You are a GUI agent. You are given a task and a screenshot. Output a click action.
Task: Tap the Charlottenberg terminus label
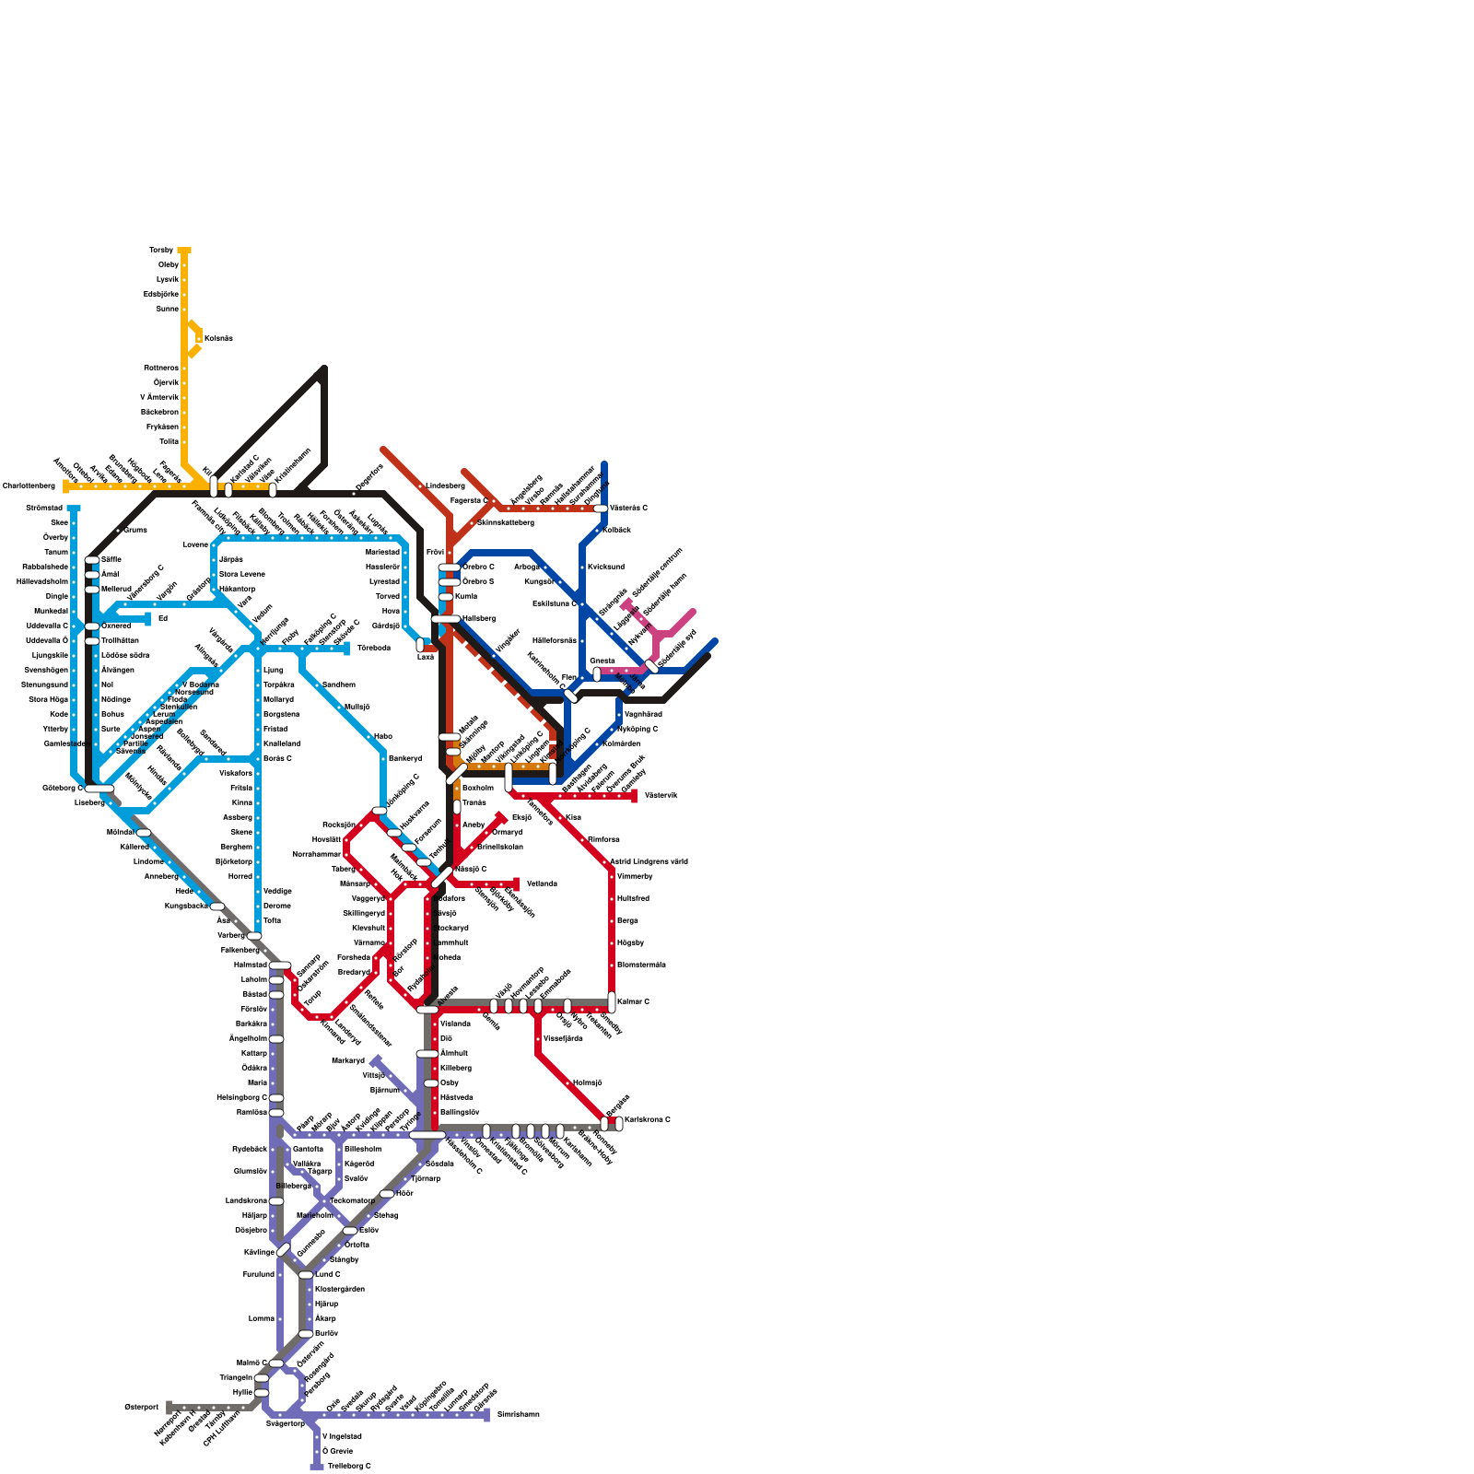29,485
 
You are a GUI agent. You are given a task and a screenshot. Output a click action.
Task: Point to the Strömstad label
43,508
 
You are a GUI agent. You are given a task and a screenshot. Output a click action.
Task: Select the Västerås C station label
628,508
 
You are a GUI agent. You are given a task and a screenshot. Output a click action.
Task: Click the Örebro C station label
478,567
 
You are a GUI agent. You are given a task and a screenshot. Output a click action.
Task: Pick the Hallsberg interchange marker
446,618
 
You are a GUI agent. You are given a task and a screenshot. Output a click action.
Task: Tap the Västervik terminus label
661,795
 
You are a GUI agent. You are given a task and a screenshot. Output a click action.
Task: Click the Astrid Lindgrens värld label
649,861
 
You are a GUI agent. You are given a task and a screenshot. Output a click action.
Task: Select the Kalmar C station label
633,1001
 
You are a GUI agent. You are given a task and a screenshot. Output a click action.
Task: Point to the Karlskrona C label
647,1119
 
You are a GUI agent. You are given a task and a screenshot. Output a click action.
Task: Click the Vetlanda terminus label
542,883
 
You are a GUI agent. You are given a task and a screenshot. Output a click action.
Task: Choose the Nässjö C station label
470,869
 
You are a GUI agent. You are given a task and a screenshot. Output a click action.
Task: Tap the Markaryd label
348,1060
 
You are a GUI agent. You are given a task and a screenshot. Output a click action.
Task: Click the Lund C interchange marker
306,1274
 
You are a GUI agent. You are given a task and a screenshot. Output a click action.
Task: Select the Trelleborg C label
349,1466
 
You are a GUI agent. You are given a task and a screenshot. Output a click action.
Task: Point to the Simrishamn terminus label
518,1414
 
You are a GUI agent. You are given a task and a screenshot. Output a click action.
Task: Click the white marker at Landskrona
276,1200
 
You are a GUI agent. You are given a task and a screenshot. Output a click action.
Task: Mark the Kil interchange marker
214,485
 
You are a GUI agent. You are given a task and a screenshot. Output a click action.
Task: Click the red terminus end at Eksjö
501,817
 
